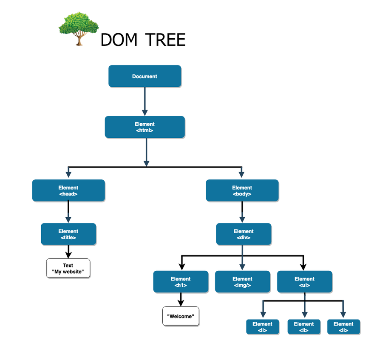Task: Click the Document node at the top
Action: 145,77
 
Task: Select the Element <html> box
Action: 145,127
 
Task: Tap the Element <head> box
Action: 68,190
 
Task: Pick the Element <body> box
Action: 242,190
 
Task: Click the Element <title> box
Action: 68,234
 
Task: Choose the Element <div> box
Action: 244,234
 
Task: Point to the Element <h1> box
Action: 181,282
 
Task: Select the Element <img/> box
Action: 242,282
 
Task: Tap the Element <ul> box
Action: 304,282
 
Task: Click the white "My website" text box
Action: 68,269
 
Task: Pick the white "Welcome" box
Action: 181,316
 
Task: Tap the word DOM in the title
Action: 119,40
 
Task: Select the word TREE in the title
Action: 165,40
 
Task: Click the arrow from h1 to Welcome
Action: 181,299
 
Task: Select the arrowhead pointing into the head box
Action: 68,174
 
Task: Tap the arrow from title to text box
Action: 68,252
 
